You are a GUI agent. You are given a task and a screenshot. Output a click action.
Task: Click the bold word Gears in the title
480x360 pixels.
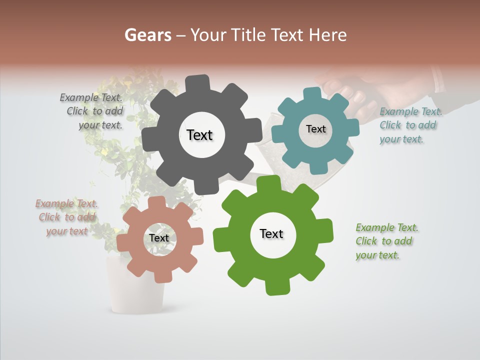point(147,35)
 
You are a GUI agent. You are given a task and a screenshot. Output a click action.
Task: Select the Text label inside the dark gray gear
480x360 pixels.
point(199,135)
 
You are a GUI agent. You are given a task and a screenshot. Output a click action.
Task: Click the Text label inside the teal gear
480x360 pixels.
point(315,129)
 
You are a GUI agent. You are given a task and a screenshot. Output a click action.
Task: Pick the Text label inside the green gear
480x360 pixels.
point(271,233)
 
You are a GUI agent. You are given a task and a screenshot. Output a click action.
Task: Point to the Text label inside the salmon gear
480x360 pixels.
point(159,238)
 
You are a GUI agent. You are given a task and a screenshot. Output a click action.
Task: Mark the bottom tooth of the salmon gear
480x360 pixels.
point(162,276)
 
